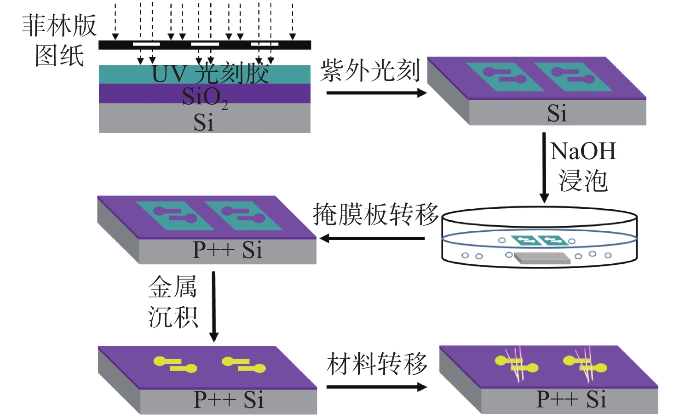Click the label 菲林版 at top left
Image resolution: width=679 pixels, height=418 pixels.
[x=59, y=26]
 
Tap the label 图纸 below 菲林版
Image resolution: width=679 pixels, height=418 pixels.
[x=59, y=56]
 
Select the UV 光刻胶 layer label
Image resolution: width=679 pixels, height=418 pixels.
[x=210, y=74]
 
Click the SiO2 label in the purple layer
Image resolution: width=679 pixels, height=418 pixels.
[x=205, y=97]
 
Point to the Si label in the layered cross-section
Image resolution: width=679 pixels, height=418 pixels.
[x=203, y=122]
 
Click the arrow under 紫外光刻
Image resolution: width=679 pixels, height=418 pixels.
[x=376, y=93]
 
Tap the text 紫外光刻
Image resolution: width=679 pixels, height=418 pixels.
[x=370, y=70]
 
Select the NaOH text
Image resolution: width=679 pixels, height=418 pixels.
[x=583, y=151]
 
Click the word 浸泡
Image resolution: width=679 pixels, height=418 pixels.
[x=583, y=181]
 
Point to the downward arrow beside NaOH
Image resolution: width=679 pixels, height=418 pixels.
[x=544, y=167]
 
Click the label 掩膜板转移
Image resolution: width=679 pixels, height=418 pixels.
[x=375, y=214]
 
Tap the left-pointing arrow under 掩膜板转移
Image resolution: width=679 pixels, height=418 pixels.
[x=372, y=238]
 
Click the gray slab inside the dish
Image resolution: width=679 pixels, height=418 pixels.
[x=542, y=258]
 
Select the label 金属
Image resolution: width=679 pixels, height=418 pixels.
[x=173, y=286]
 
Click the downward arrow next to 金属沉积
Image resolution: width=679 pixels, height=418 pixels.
[x=214, y=307]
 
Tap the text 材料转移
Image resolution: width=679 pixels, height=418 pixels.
[x=377, y=364]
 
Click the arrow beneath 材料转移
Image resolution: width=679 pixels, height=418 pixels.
[x=376, y=387]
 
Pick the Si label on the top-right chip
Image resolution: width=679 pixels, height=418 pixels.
[x=557, y=113]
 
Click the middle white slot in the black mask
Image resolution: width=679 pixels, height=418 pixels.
[x=205, y=44]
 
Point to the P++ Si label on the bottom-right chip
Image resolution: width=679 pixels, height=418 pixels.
[x=571, y=399]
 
